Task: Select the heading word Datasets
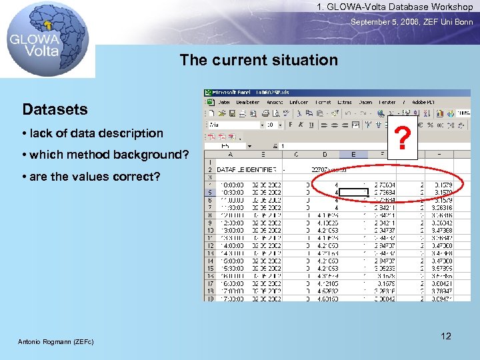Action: pos(55,109)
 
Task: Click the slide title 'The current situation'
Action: pos(259,60)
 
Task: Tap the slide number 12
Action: pos(446,336)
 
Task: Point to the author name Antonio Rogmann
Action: pos(55,342)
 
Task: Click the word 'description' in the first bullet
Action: pos(131,133)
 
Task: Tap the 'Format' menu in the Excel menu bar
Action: pos(323,103)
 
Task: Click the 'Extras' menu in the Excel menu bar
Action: pos(345,103)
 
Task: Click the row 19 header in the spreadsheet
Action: pos(210,298)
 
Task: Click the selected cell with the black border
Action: pos(353,193)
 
